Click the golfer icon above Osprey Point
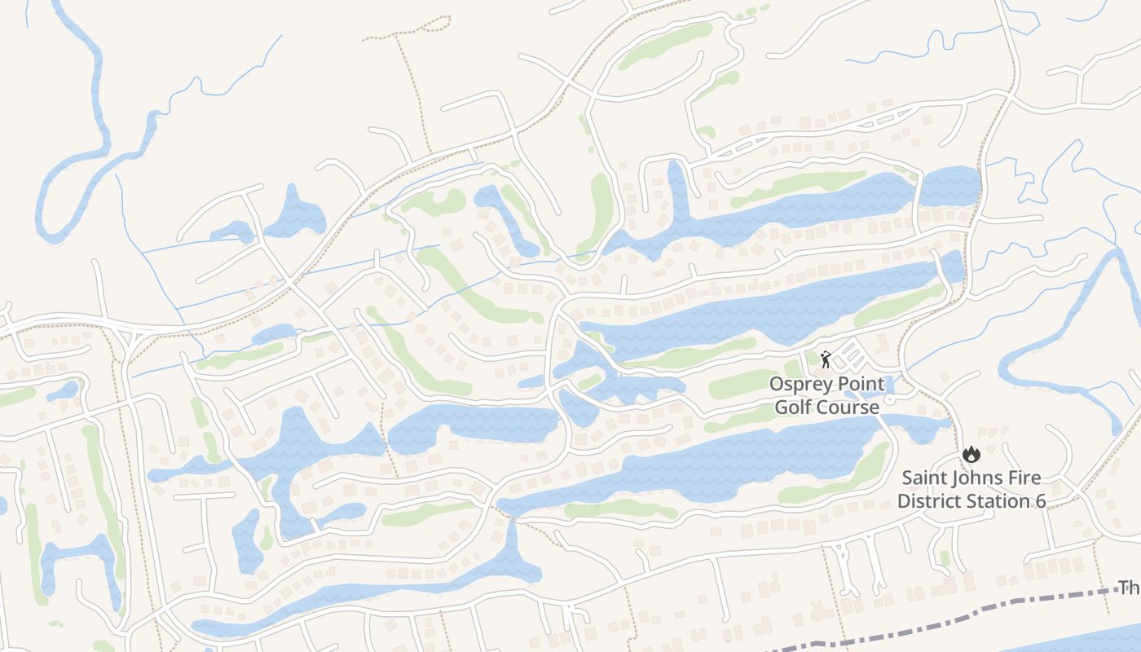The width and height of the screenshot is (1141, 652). click(826, 359)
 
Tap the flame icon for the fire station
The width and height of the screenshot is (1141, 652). click(971, 455)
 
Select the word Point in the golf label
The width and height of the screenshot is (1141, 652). click(857, 383)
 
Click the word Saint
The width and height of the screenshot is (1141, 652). click(925, 478)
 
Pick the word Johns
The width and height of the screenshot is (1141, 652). click(980, 478)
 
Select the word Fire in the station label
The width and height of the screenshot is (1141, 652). click(1027, 478)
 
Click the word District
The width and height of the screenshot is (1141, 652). click(929, 500)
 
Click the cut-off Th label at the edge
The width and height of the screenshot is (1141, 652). click(1129, 588)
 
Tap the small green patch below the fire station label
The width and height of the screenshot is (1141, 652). click(945, 557)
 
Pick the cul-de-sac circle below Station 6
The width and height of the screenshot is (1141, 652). click(989, 513)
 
